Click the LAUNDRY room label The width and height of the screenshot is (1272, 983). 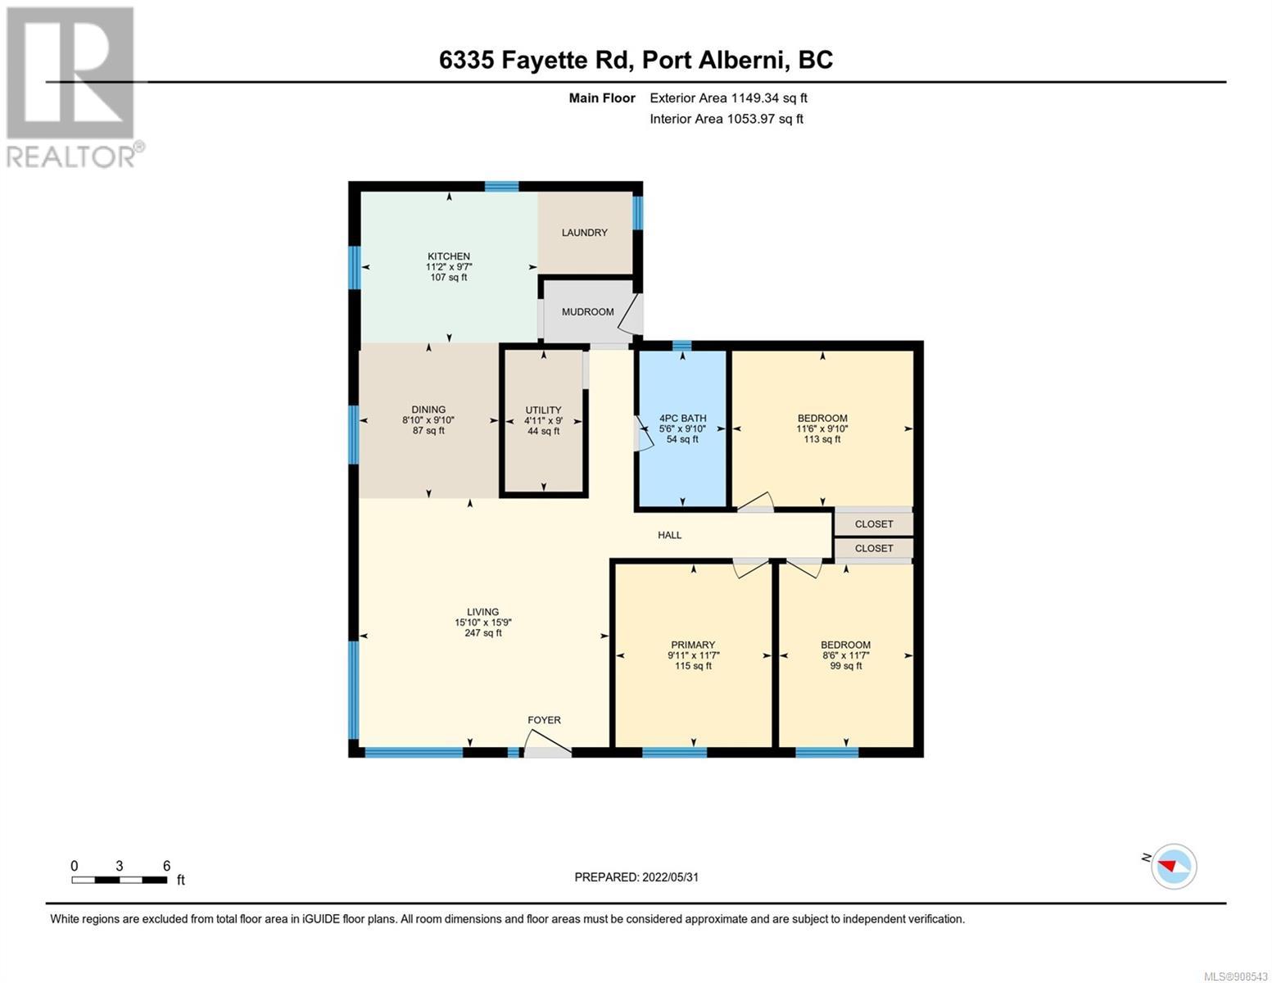[x=584, y=233]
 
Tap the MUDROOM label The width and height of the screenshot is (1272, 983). [x=588, y=312]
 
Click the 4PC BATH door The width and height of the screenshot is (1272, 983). [x=642, y=434]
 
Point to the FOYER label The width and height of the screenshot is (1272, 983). [x=544, y=720]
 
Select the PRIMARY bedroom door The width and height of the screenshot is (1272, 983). [x=750, y=568]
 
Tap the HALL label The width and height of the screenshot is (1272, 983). [x=669, y=535]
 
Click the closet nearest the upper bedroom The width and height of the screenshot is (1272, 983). [x=873, y=524]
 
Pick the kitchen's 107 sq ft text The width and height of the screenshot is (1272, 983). [x=448, y=278]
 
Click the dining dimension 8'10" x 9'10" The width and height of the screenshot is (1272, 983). [x=428, y=420]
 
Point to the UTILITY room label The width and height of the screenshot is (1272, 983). [x=543, y=410]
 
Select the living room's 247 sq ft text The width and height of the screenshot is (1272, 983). [x=483, y=633]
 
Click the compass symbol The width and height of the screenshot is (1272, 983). [x=1174, y=867]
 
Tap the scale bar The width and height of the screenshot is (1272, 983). [x=120, y=880]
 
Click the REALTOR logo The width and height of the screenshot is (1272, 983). [x=73, y=88]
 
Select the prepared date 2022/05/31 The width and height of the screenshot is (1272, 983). [x=670, y=877]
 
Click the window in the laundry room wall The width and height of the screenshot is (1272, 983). [x=637, y=212]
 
